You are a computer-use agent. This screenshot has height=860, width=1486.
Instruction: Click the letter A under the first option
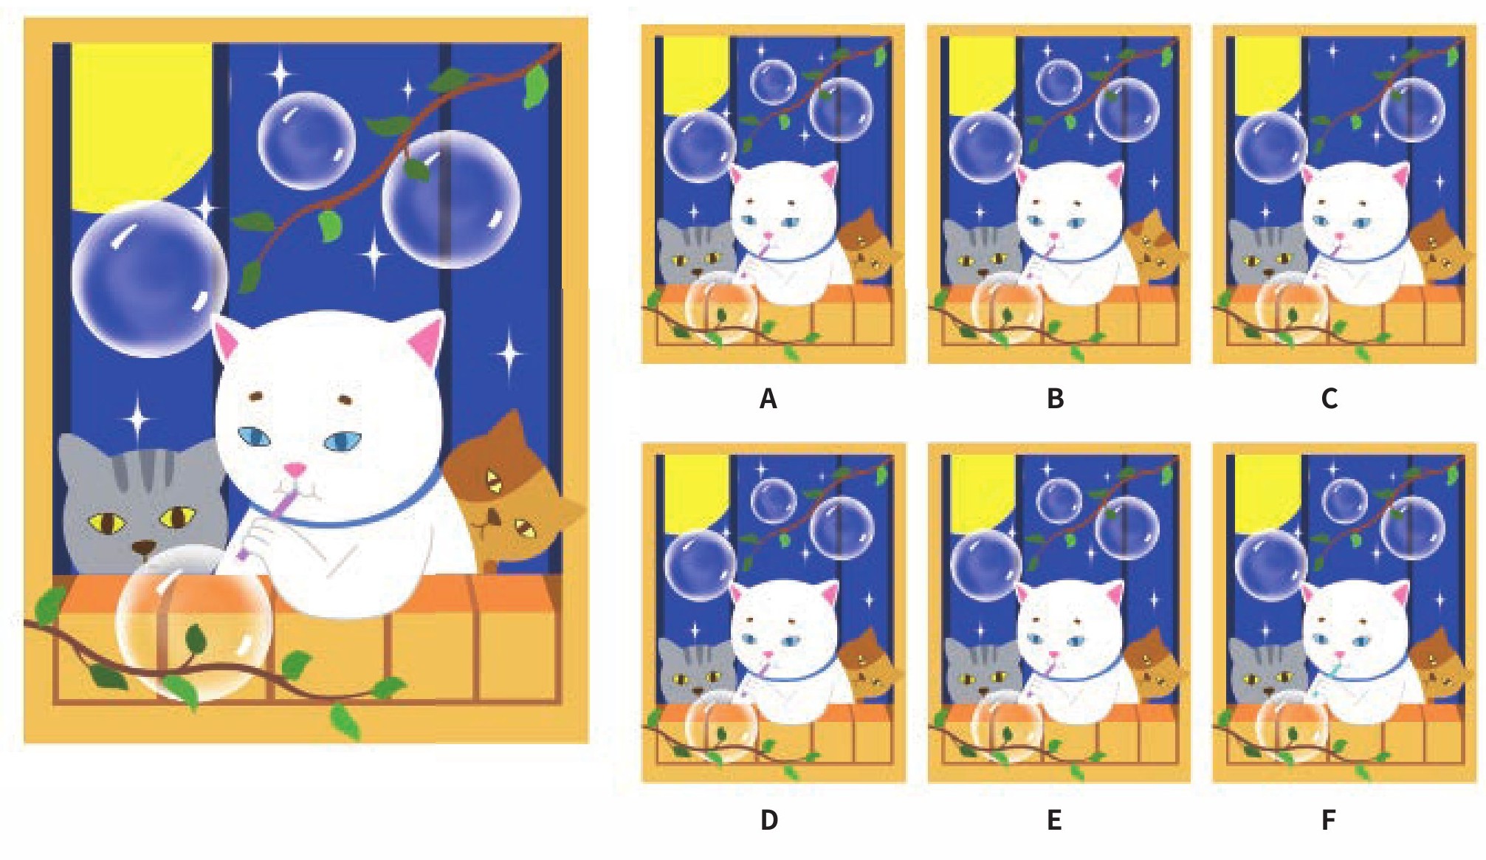point(768,399)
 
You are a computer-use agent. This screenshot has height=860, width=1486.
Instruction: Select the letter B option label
point(1056,399)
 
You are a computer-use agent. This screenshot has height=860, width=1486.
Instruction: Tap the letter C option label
point(1329,399)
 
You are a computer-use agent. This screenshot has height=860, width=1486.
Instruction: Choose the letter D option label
point(769,819)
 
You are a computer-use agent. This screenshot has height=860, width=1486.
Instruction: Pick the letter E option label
point(1055,819)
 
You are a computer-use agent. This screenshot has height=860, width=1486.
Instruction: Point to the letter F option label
point(1329,819)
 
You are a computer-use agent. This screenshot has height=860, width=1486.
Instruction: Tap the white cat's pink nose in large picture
point(296,469)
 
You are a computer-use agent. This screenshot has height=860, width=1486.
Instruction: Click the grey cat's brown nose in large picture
point(144,548)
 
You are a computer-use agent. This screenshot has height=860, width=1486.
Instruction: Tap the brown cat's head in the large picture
point(509,491)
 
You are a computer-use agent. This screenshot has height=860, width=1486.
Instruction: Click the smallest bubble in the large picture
point(306,141)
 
